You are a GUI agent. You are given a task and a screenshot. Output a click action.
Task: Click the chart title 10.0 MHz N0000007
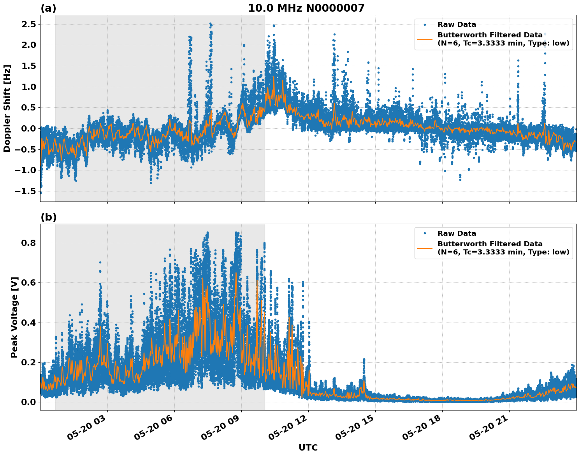click(306, 8)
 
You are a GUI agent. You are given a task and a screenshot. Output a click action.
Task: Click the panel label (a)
click(48, 8)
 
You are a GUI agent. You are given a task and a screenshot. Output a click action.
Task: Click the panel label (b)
click(48, 217)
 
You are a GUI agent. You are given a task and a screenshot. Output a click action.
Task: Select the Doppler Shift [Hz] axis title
click(7, 108)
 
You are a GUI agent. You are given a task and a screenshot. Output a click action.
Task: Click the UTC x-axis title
click(308, 447)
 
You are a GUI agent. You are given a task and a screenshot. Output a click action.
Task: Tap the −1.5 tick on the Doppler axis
click(25, 191)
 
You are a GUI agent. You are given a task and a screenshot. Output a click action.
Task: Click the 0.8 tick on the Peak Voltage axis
click(28, 243)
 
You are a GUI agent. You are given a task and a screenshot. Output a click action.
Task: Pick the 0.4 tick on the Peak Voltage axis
click(28, 323)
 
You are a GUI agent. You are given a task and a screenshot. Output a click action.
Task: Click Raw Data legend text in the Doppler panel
click(457, 25)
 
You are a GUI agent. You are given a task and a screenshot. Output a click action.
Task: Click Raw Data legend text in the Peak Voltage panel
click(457, 233)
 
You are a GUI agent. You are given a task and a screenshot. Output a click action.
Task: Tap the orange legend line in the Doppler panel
click(425, 39)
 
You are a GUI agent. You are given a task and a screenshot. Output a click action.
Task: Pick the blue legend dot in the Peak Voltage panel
click(425, 233)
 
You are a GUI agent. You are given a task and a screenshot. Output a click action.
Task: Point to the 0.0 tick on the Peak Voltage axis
click(28, 402)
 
